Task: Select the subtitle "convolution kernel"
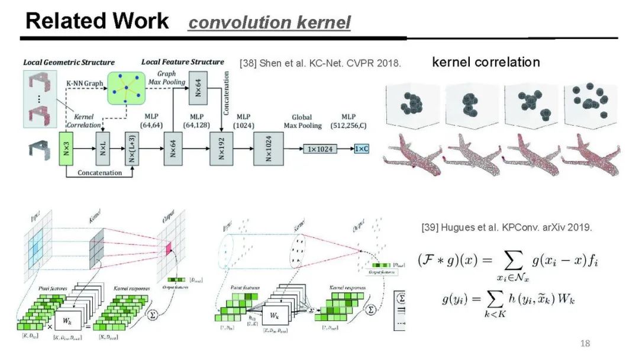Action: [x=269, y=22]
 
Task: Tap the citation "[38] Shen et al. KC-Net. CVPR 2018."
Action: [x=320, y=63]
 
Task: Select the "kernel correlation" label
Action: [x=486, y=62]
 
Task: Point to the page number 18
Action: [x=585, y=344]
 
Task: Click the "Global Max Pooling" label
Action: [x=306, y=121]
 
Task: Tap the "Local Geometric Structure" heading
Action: [x=69, y=62]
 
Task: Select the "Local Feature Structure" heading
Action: [x=183, y=62]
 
